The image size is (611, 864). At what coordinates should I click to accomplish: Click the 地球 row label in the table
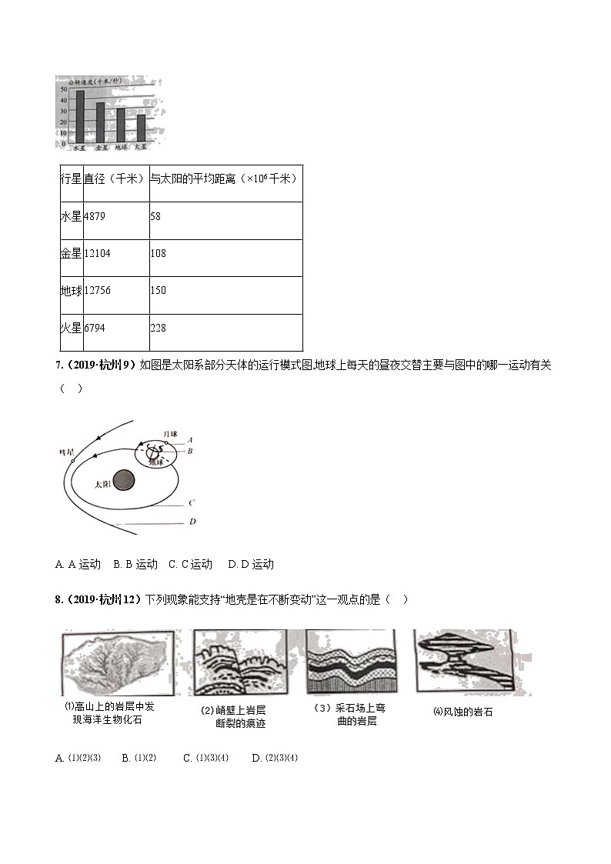click(x=71, y=291)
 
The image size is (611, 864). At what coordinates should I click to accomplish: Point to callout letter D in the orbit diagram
click(x=192, y=522)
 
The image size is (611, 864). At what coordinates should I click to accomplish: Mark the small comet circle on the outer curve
click(x=72, y=461)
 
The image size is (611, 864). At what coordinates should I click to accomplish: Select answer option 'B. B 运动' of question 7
click(x=135, y=564)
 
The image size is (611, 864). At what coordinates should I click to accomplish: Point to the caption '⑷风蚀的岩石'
click(x=462, y=712)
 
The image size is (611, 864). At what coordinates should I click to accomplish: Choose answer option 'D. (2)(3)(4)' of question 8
click(x=275, y=758)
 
